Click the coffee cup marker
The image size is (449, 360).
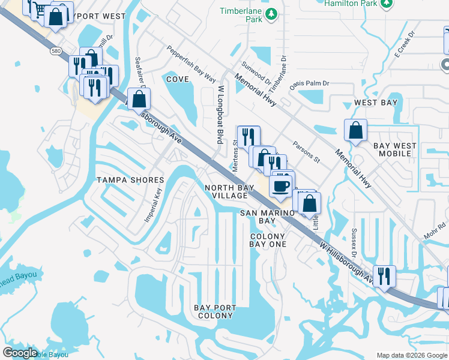tap(280, 185)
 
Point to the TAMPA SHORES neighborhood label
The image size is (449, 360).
tap(130, 180)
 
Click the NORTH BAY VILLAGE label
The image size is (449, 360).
tap(226, 192)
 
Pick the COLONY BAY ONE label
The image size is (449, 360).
tap(268, 241)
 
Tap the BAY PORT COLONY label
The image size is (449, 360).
tap(215, 312)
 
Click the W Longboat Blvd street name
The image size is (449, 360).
tap(220, 114)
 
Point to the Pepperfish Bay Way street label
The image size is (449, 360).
tap(191, 64)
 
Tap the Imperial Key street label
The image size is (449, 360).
tap(153, 206)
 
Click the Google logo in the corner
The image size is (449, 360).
tap(20, 353)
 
